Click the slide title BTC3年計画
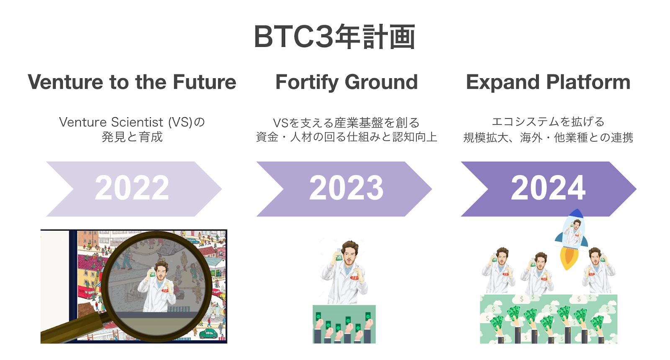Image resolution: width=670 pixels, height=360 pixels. coord(335,37)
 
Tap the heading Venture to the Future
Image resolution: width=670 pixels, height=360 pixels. coord(132,82)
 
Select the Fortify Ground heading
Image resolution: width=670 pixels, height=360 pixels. coord(346,82)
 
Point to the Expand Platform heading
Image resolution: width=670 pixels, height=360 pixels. coord(548,82)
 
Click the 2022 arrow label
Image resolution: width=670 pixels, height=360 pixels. coord(132,188)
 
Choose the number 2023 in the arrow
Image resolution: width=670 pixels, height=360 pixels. coord(346,188)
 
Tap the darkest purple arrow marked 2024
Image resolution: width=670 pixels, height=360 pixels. coord(548,188)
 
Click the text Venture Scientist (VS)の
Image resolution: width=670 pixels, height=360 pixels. coord(132,122)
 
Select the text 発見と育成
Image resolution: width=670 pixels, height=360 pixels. coord(132,137)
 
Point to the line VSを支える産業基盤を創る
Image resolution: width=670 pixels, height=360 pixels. coord(346,123)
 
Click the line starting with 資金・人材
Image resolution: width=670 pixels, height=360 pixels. coord(346,137)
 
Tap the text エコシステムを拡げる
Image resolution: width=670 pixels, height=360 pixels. coord(548,122)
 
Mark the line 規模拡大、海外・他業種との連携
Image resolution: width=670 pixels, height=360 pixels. coord(548,137)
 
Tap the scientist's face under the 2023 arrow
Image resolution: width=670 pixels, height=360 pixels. coord(348,253)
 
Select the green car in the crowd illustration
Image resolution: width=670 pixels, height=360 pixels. coord(209,333)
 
